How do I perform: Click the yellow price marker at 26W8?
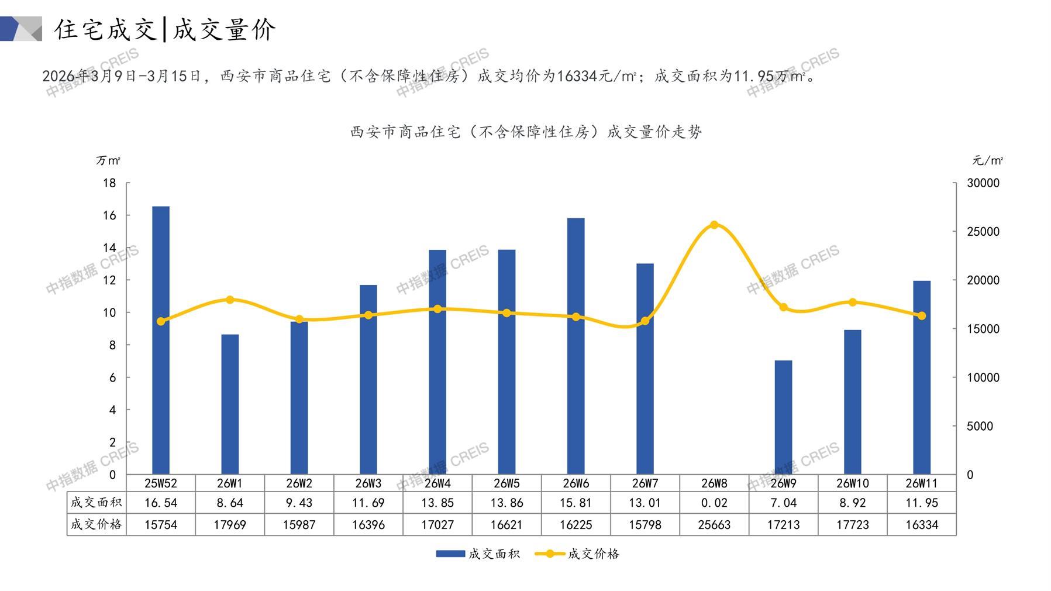tap(714, 225)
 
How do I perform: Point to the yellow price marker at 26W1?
tap(230, 300)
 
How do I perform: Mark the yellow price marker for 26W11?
tap(922, 316)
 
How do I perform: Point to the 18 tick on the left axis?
tap(109, 183)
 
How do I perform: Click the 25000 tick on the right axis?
tap(983, 232)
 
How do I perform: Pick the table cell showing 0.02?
tap(714, 503)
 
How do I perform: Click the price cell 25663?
tap(714, 525)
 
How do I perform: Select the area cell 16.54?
tap(161, 503)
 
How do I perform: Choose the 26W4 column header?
tap(437, 483)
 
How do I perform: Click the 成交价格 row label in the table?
tap(97, 524)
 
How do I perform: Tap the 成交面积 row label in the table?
tap(97, 502)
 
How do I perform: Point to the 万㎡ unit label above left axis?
tap(108, 160)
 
